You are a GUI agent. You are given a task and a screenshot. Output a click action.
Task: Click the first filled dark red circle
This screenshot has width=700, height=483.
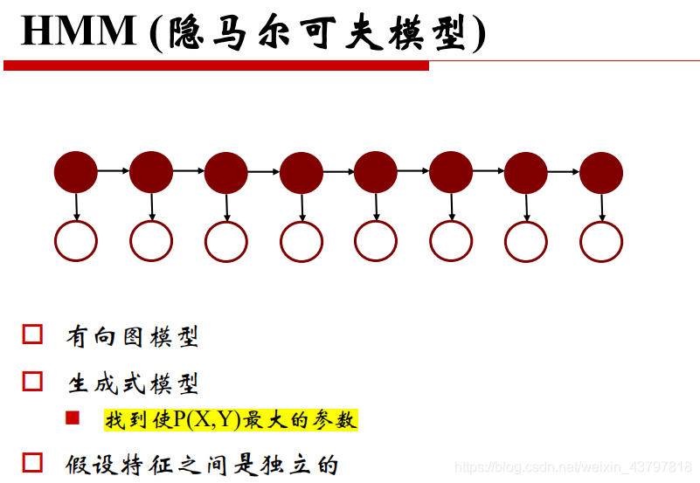[x=76, y=172]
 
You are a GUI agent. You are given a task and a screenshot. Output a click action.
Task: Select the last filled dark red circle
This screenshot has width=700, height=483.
[x=601, y=172]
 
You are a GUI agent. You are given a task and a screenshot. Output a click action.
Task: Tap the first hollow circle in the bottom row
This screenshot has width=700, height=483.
[x=76, y=241]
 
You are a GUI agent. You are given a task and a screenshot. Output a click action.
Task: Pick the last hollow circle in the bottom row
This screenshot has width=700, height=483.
[x=601, y=241]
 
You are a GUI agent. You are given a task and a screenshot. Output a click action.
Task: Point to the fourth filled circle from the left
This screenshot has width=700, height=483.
[x=301, y=172]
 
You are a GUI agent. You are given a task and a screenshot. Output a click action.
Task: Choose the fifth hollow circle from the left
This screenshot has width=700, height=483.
[x=376, y=241]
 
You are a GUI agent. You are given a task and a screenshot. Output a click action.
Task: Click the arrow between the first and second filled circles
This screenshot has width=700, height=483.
[x=114, y=171]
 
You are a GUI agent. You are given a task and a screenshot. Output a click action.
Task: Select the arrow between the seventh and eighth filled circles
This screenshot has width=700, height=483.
[x=564, y=171]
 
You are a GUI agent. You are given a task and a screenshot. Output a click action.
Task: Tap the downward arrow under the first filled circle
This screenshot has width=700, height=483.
[x=77, y=206]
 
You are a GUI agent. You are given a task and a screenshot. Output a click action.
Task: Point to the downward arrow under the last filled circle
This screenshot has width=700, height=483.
[x=602, y=206]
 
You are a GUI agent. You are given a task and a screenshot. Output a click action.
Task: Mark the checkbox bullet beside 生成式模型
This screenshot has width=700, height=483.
[x=32, y=381]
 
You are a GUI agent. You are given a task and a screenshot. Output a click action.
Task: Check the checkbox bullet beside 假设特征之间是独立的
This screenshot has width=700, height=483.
[x=32, y=462]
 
